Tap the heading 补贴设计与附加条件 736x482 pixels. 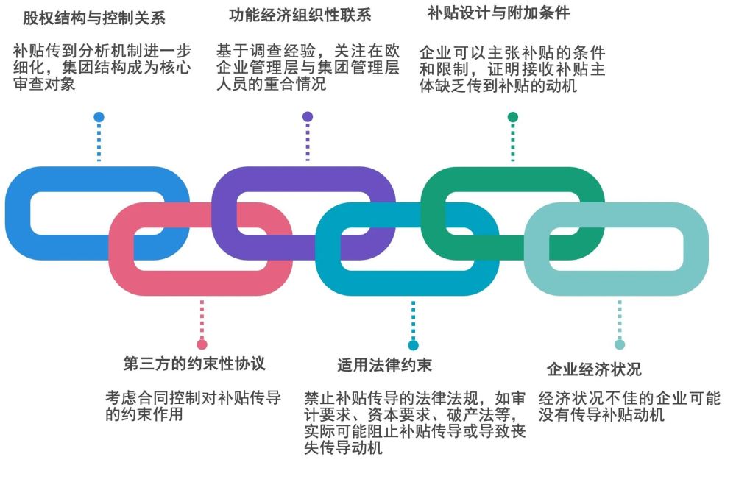click(x=498, y=13)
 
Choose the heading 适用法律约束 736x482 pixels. click(x=384, y=365)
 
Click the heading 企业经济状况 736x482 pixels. click(x=594, y=369)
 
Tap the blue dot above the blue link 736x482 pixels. click(x=99, y=117)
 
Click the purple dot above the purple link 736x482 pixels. click(x=308, y=116)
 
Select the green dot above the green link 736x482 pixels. click(x=513, y=116)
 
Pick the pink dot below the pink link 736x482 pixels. click(x=202, y=344)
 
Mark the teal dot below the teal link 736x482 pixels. click(x=413, y=344)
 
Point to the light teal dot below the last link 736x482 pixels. click(x=620, y=344)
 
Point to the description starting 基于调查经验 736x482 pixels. click(x=308, y=67)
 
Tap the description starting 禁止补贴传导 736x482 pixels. click(x=415, y=422)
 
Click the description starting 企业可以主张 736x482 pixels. click(x=512, y=69)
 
